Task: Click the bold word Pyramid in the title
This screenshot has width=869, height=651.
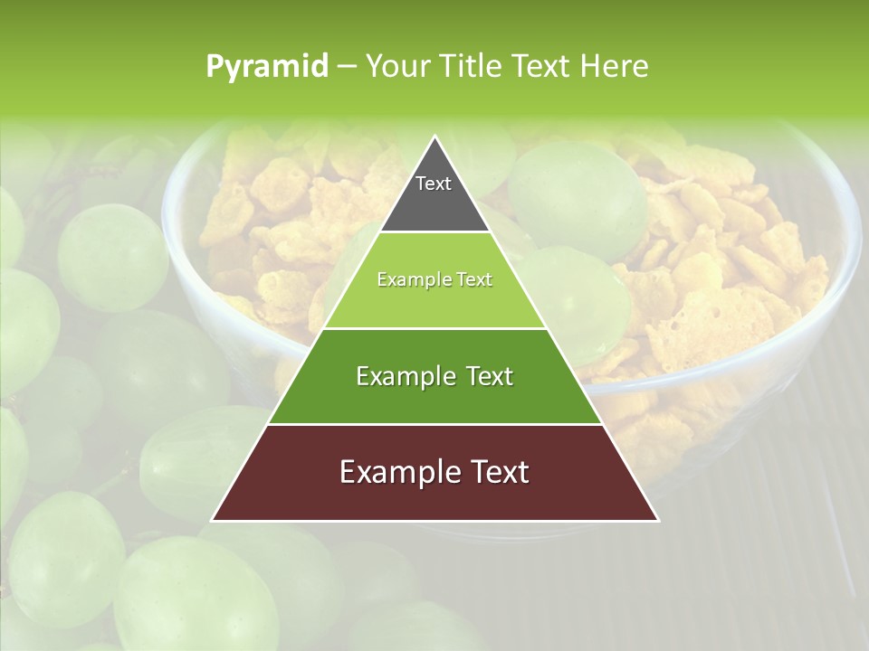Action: (266, 67)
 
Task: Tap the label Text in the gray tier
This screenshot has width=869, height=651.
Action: (434, 184)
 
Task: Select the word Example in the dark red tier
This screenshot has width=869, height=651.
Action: (386, 472)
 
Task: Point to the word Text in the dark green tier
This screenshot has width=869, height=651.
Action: (489, 376)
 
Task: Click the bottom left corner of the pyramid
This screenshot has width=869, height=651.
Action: (212, 521)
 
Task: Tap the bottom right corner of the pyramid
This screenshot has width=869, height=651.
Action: (658, 521)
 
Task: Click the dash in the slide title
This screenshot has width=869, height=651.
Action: (346, 67)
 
